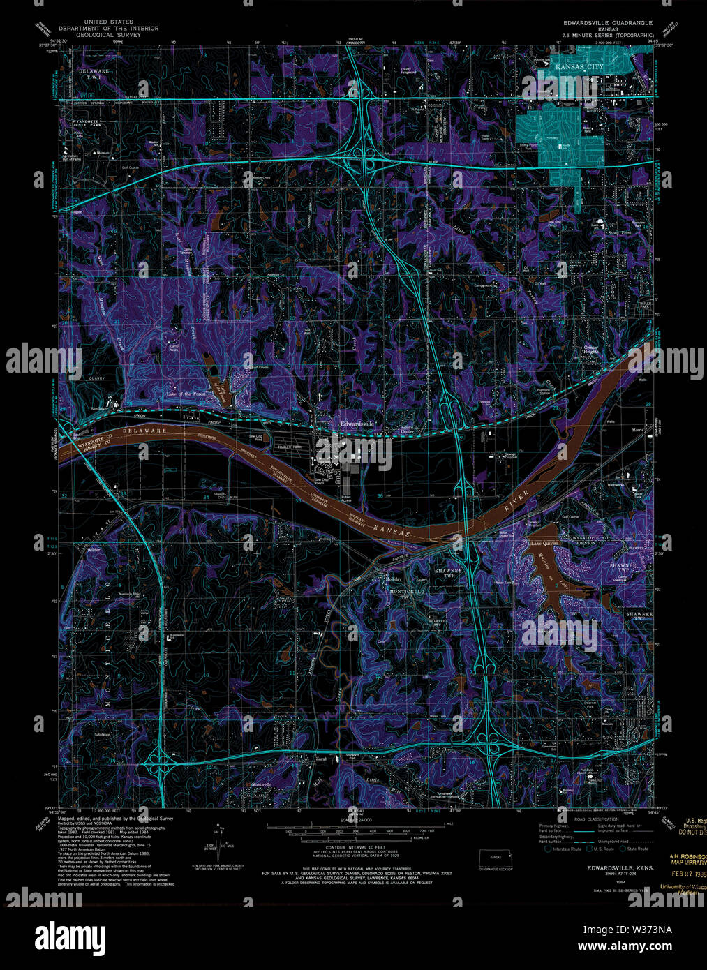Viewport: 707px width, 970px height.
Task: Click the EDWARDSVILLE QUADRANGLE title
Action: click(609, 22)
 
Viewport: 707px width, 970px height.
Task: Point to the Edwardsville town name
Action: click(357, 424)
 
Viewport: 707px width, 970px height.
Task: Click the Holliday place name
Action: click(393, 579)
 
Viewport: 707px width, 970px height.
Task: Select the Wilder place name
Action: click(94, 550)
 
